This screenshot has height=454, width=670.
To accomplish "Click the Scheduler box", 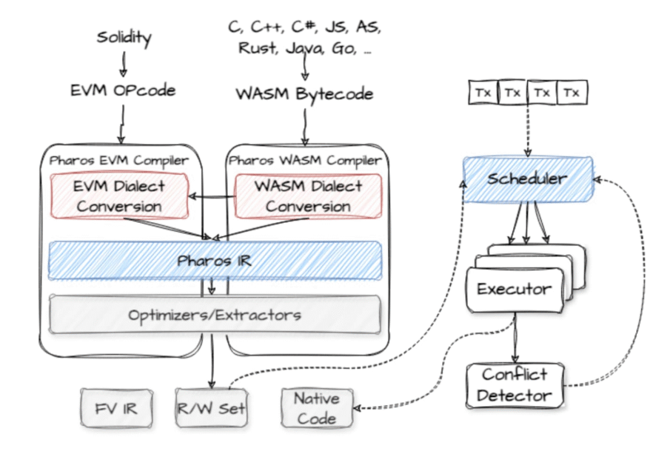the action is [x=528, y=179].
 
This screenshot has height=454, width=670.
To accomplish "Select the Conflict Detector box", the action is [x=515, y=386].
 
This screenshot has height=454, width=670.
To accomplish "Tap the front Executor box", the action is [x=515, y=290].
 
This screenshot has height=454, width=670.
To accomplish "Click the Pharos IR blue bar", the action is [x=215, y=261].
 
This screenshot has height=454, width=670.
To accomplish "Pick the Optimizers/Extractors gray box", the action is [x=215, y=314].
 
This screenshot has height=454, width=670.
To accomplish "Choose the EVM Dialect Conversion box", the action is [x=119, y=196].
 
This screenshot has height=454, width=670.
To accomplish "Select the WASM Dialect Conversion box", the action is [x=308, y=196].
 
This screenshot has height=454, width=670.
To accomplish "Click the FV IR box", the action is [x=117, y=408].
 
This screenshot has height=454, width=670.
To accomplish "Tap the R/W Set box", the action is [x=212, y=408].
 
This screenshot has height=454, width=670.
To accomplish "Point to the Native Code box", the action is [x=317, y=408].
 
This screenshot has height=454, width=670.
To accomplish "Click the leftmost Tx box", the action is [x=483, y=93].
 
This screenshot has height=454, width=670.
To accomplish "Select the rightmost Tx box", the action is [x=572, y=93].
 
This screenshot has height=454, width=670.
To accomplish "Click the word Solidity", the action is [x=124, y=38].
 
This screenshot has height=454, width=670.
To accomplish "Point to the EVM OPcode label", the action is [x=123, y=90].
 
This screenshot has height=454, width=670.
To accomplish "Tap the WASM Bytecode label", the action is [x=305, y=94].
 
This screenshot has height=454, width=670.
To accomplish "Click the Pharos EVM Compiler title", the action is [x=118, y=161].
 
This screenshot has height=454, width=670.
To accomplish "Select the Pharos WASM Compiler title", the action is [x=305, y=161].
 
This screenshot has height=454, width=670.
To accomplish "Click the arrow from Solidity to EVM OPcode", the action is [x=124, y=64].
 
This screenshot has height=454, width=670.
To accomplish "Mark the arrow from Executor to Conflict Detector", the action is [x=515, y=338].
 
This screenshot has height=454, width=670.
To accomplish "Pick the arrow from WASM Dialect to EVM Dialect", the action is [x=212, y=197].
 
